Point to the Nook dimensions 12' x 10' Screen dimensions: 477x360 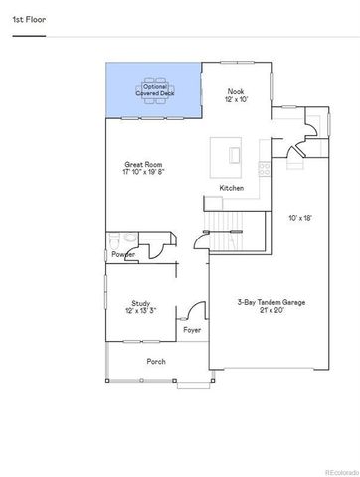click(236, 99)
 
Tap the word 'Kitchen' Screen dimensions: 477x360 click(232, 188)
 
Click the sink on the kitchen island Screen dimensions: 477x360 click(234, 155)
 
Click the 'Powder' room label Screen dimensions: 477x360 click(123, 254)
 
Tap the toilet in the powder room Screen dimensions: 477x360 click(116, 241)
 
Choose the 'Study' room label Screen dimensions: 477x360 click(140, 304)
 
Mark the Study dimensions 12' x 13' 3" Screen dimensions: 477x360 click(140, 313)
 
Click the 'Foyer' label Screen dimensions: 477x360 click(192, 330)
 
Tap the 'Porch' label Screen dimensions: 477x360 click(155, 361)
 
